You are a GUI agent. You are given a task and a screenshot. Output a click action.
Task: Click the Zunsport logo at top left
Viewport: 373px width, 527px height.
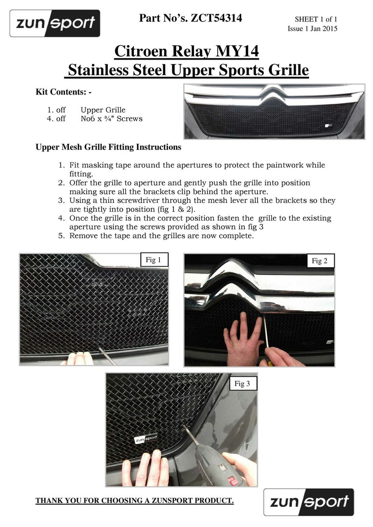click(55, 23)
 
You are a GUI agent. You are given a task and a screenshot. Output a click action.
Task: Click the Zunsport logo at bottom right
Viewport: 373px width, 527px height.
click(308, 502)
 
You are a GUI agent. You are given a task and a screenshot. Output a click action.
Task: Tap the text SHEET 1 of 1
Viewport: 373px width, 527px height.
click(316, 20)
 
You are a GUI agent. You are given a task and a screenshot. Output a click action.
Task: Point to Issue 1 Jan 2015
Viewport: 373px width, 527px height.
click(312, 29)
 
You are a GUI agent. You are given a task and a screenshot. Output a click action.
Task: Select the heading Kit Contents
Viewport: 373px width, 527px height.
click(63, 92)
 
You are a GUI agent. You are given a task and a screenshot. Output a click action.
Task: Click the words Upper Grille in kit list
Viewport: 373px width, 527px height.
click(103, 110)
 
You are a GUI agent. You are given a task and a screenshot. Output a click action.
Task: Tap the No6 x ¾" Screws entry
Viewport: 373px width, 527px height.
click(111, 119)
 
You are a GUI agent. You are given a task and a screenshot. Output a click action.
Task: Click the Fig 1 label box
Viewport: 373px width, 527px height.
click(151, 260)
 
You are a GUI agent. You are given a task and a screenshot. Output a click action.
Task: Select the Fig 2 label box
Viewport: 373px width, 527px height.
click(319, 261)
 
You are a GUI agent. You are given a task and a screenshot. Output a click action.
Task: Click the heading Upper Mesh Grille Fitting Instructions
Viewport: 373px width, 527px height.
click(108, 147)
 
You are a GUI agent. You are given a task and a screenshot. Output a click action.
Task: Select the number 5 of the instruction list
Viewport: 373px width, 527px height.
click(61, 236)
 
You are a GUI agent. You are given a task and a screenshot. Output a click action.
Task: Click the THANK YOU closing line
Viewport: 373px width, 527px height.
click(134, 501)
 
